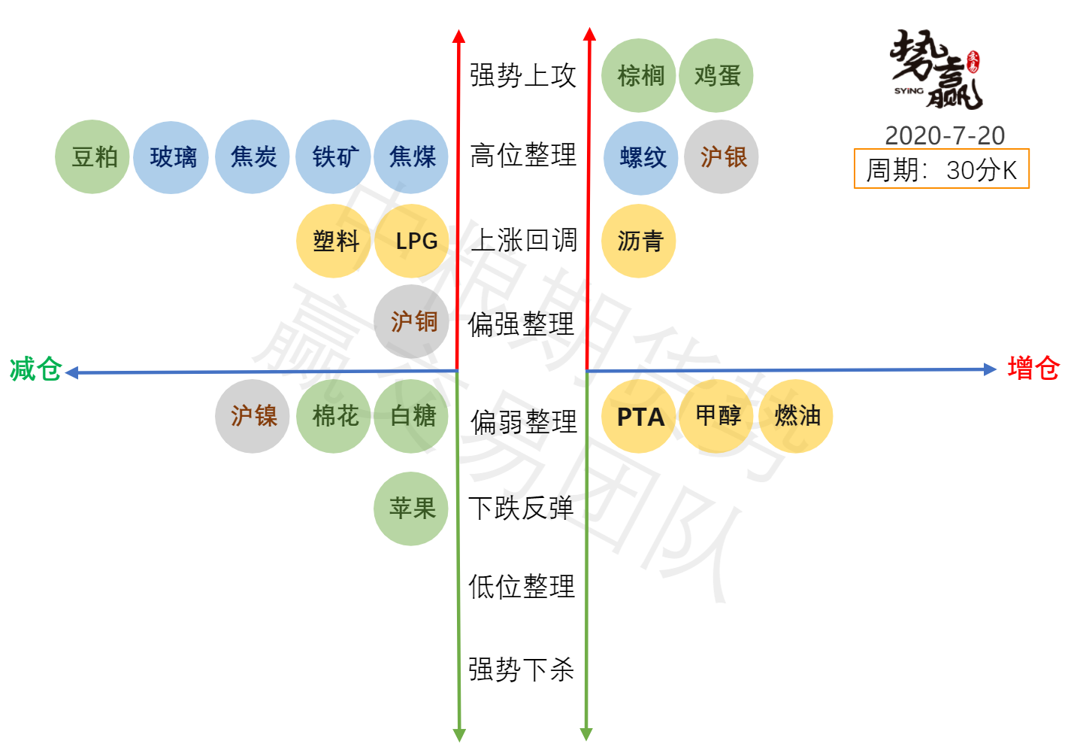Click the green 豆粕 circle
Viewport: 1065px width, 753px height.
tap(92, 156)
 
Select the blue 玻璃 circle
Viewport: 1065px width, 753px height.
tap(171, 157)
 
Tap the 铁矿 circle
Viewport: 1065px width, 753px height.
tap(334, 156)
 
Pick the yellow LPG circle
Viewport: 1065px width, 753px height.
tap(413, 241)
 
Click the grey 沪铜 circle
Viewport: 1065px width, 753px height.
tap(412, 322)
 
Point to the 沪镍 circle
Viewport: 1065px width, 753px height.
tap(253, 416)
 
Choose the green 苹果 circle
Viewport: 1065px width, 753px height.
tap(412, 509)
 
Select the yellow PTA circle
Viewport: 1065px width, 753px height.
tap(639, 416)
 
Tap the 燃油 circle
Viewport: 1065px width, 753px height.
tap(797, 416)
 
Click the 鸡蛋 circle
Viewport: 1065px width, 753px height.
tap(716, 75)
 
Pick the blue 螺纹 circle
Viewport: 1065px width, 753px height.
tap(641, 157)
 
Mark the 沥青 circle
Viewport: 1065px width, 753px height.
tap(639, 241)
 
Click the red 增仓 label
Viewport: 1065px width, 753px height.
tap(1033, 369)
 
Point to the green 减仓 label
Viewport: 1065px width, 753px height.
tap(35, 369)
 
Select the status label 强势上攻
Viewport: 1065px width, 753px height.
tap(523, 75)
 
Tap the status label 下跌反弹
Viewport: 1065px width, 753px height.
tap(522, 509)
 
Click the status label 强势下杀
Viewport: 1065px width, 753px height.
tap(522, 669)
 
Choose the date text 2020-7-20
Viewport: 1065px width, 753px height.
tap(945, 135)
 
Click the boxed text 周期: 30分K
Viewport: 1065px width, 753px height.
tap(942, 170)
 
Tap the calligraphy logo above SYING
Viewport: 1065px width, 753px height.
tap(936, 69)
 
